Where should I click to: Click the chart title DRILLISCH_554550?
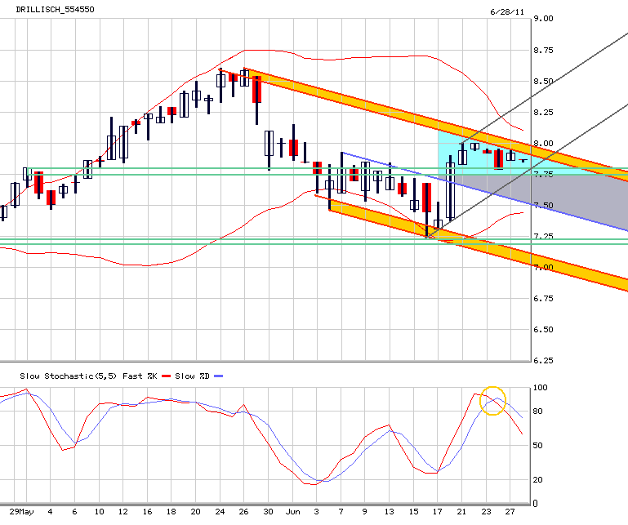55,9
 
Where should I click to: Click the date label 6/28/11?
507,11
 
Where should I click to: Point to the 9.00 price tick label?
543,19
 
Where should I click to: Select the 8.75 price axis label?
543,50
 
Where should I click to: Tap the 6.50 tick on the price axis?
543,330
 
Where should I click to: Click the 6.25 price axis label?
543,360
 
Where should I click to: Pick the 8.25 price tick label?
543,112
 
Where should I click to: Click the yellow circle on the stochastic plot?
493,387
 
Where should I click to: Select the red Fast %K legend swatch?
167,376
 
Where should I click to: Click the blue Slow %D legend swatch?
218,376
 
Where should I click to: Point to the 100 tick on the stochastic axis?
541,388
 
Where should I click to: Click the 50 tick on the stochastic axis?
538,445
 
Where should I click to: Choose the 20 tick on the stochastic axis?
538,480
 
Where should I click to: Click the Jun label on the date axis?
293,512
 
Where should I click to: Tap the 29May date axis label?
21,512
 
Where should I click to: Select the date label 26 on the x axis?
244,512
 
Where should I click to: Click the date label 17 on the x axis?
438,512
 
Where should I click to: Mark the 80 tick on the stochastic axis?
538,412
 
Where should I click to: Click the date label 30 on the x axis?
269,512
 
